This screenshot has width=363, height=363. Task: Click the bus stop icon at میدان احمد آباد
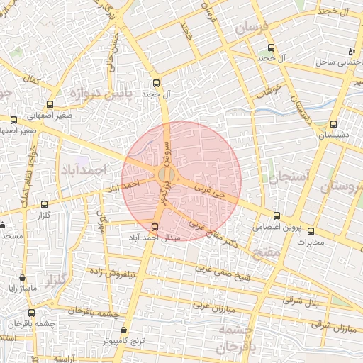(x=155, y=226)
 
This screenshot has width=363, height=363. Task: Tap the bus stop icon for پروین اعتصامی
(x=277, y=216)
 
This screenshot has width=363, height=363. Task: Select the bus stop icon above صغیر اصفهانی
(x=49, y=104)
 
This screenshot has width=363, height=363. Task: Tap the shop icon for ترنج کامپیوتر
(x=125, y=330)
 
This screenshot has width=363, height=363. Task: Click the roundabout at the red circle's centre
(x=167, y=174)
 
